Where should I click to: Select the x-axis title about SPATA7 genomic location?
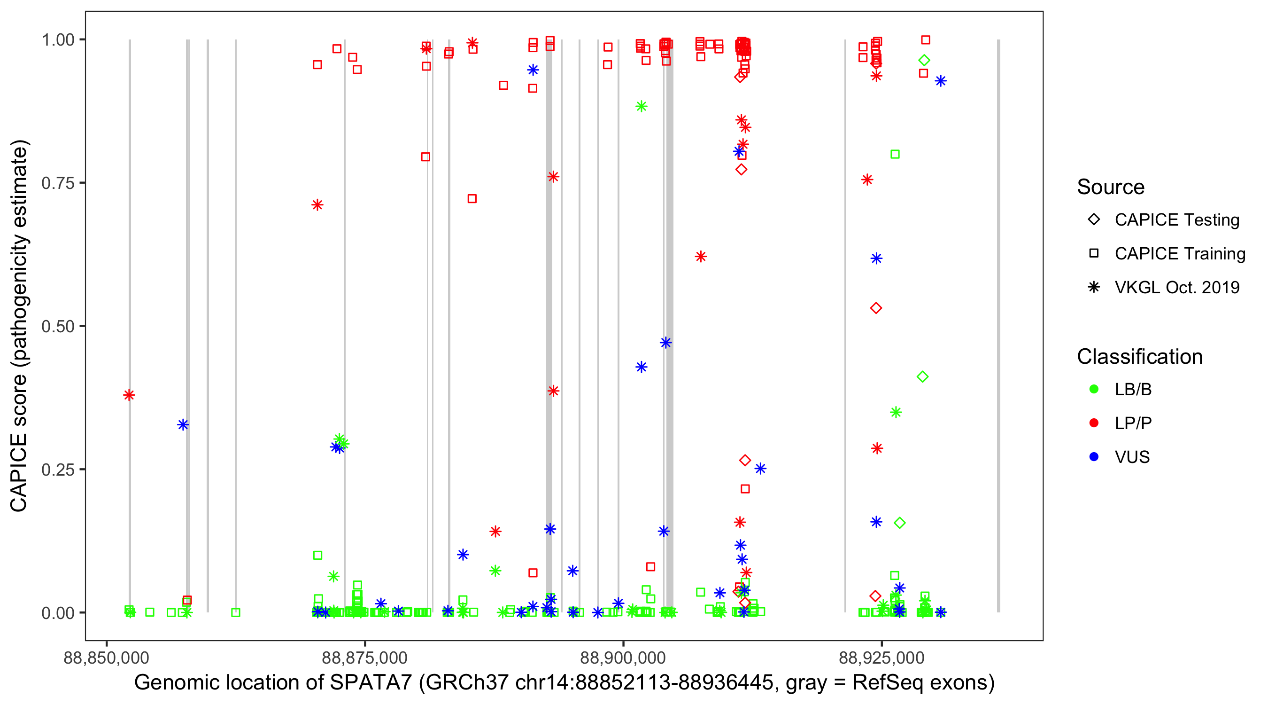(x=564, y=683)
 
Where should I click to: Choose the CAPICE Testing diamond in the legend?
(x=1094, y=220)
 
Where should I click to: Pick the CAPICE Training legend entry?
(x=1094, y=254)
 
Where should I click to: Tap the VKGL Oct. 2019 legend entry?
(x=1094, y=287)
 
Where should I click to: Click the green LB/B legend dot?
(x=1094, y=389)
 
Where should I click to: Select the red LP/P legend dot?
(x=1094, y=423)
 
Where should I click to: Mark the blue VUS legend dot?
(x=1094, y=457)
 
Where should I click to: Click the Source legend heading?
(x=1111, y=187)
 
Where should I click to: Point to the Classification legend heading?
(x=1139, y=357)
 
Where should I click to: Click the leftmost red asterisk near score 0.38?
(x=129, y=395)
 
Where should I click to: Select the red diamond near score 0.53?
(x=876, y=308)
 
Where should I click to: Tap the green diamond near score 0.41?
(x=922, y=377)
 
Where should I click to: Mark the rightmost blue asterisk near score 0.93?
(x=941, y=81)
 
